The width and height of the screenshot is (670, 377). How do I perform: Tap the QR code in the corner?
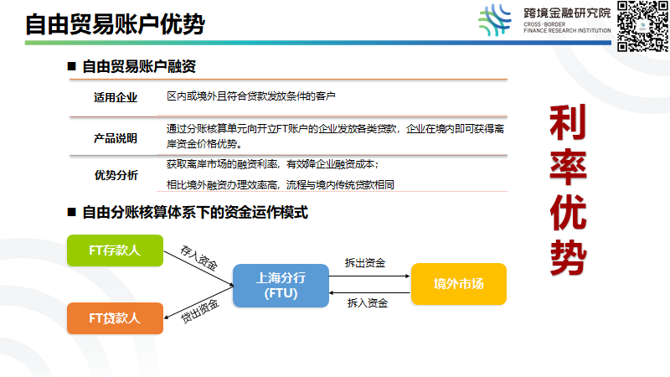641,26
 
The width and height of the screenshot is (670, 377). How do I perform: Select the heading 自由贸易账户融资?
139,66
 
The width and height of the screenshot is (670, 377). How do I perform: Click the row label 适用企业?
116,97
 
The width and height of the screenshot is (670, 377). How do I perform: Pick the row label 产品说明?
116,137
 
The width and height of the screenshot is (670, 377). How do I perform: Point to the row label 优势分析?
116,175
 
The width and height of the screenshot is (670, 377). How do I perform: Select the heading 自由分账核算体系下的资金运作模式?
195,213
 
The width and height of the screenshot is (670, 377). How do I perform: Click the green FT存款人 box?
114,250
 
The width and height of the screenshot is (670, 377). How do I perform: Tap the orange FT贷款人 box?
114,318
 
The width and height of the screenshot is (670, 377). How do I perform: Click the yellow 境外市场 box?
458,284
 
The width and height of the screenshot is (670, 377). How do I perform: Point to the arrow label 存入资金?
198,257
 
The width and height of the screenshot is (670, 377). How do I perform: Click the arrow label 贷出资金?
199,312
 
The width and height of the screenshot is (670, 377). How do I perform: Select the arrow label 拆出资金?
365,263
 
